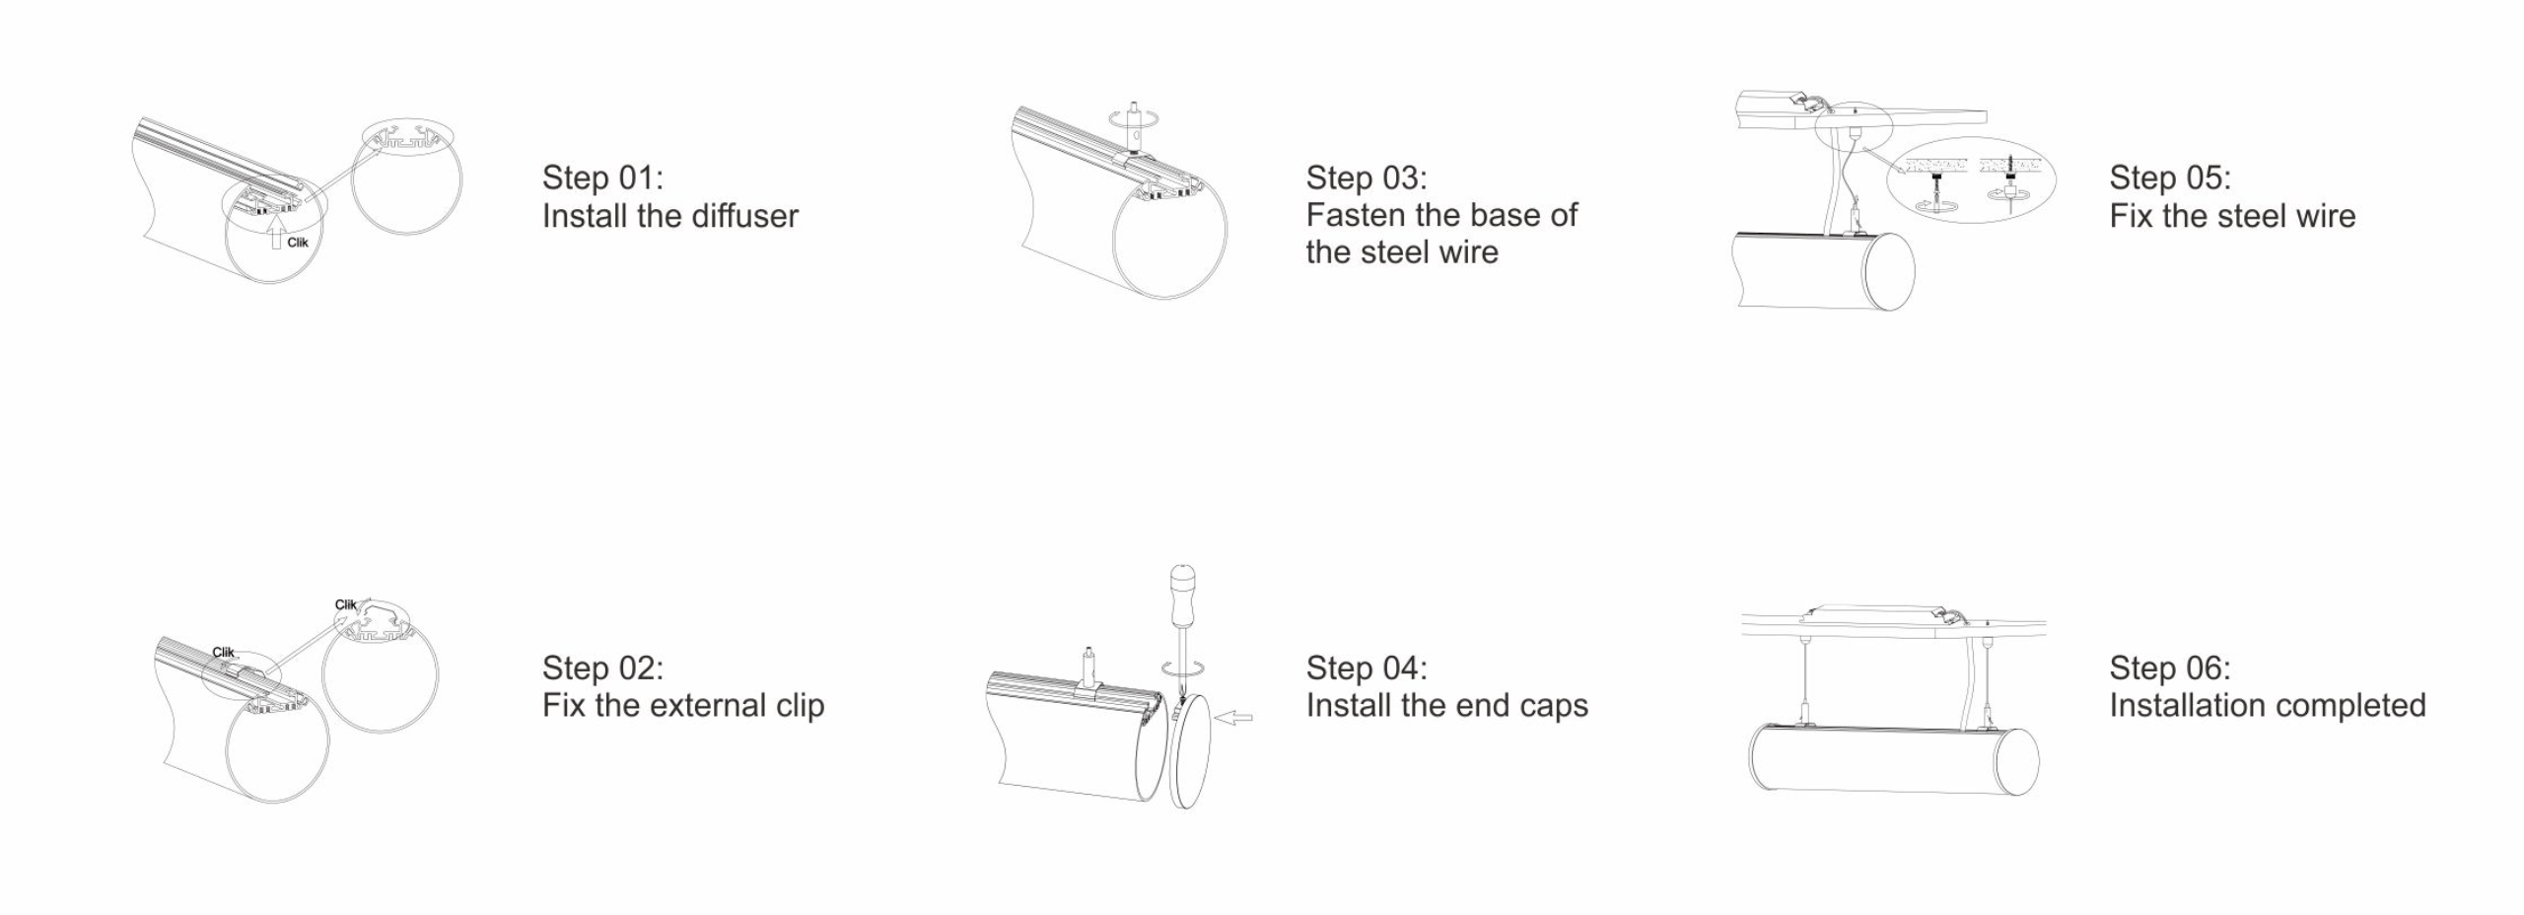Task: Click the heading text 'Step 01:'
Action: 602,177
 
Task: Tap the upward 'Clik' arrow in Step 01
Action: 277,233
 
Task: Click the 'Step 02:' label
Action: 602,668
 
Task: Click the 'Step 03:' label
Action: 1367,177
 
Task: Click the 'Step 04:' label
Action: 1367,668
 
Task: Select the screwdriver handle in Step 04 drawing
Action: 1181,596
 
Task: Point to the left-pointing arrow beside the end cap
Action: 1232,718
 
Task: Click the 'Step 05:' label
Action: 2170,177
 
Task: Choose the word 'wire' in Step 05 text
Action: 2324,216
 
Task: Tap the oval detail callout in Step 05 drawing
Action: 1971,179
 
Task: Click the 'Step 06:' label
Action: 2170,668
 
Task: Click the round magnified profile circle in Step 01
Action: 406,177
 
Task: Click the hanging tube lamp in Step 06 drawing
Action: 1894,759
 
